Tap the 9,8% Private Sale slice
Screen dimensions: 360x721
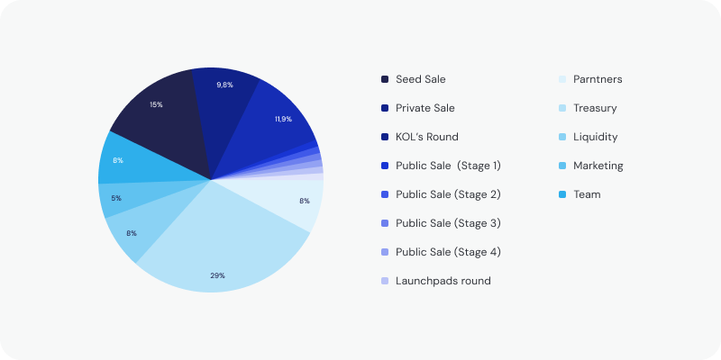click(225, 99)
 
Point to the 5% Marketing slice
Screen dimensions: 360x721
click(117, 198)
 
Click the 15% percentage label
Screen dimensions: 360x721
click(156, 105)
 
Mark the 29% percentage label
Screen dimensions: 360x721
click(217, 275)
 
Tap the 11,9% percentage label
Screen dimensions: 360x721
click(283, 119)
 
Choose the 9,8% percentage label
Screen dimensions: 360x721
click(225, 85)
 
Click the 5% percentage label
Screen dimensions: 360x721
click(117, 198)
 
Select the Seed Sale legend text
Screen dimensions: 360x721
click(420, 79)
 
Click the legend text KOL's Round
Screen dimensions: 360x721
click(426, 137)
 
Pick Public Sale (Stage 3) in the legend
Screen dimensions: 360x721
click(448, 223)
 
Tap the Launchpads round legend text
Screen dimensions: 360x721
click(443, 281)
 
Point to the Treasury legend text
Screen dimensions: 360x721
click(595, 108)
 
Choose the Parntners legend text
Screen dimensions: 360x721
click(598, 79)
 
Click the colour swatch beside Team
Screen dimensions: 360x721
click(562, 194)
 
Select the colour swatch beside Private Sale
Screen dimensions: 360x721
click(385, 108)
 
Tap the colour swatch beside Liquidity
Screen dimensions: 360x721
click(562, 137)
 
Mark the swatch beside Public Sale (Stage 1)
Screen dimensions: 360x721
click(385, 166)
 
